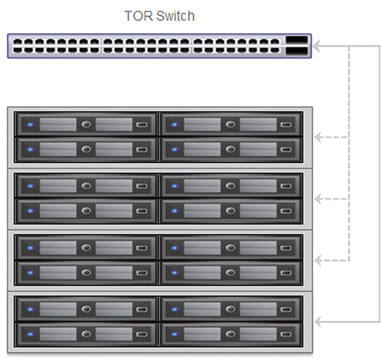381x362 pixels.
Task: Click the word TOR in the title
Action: pyautogui.click(x=139, y=16)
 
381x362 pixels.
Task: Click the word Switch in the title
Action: pyautogui.click(x=175, y=16)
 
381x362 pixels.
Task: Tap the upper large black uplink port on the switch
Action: pyautogui.click(x=296, y=40)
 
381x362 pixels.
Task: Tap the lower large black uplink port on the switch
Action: pyautogui.click(x=296, y=51)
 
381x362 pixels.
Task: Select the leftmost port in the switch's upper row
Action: pyautogui.click(x=18, y=42)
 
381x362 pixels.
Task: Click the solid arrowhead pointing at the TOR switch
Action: pyautogui.click(x=316, y=46)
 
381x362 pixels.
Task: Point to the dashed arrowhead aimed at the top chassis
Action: pyautogui.click(x=319, y=137)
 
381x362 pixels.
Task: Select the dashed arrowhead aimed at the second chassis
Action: pyautogui.click(x=319, y=199)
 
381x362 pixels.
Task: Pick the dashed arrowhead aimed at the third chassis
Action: pyautogui.click(x=319, y=261)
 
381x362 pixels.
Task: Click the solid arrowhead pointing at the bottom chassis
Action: pyautogui.click(x=319, y=322)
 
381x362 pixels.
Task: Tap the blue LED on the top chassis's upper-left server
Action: pyautogui.click(x=30, y=125)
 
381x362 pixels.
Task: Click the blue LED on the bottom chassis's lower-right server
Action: pyautogui.click(x=174, y=335)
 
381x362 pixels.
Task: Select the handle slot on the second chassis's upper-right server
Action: pyautogui.click(x=286, y=186)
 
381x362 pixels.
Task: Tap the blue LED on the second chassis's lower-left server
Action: pyautogui.click(x=30, y=211)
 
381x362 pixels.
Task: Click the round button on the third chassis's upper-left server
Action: pyautogui.click(x=86, y=248)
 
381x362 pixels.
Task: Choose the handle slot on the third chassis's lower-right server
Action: pyautogui.click(x=286, y=273)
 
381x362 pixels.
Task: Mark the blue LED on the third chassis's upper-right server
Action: pyautogui.click(x=174, y=248)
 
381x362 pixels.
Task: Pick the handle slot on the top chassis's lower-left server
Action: pyautogui.click(x=142, y=149)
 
